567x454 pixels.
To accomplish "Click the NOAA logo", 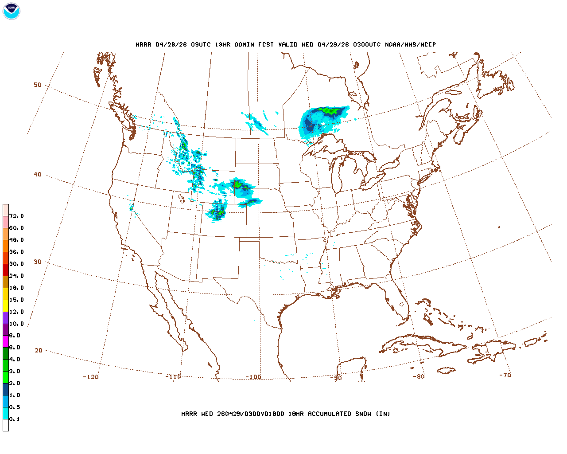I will (11, 11).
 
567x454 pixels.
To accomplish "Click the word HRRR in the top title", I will (144, 44).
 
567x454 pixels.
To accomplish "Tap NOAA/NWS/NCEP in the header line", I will (410, 44).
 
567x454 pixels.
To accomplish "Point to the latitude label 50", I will (38, 85).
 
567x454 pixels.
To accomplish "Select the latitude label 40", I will (38, 174).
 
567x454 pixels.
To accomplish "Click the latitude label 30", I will (38, 262).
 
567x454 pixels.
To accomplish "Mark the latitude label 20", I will (39, 350).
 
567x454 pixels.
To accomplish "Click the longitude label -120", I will (91, 377).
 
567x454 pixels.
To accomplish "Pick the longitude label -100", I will (253, 377).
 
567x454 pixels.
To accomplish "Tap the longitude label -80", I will (419, 376).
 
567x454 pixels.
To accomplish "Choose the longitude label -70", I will (505, 375).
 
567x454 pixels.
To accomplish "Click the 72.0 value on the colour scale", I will (16, 216).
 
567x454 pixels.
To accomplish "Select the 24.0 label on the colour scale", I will (16, 276).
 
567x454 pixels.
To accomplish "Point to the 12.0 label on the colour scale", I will (16, 312).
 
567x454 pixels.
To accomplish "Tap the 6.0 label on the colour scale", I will (15, 348).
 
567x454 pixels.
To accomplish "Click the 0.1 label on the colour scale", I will (15, 419).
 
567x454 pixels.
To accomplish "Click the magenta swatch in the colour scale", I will (6, 341).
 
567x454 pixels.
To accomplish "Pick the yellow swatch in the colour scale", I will (6, 305).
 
